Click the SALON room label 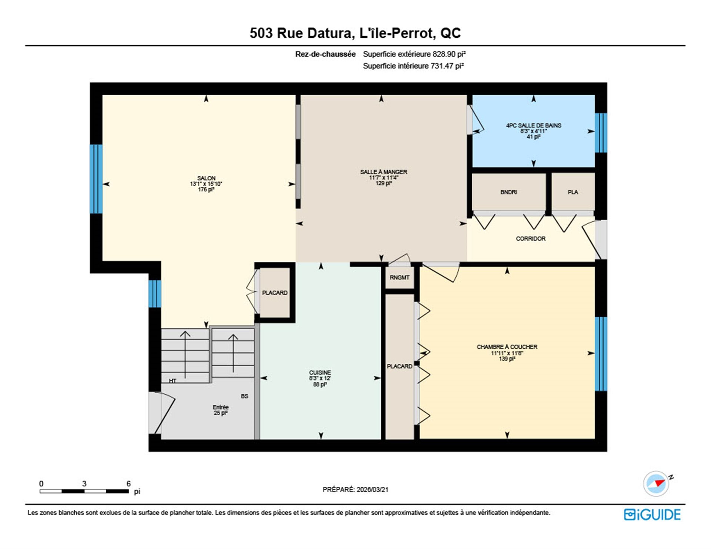pyautogui.click(x=206, y=178)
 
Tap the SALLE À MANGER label pyautogui.click(x=384, y=172)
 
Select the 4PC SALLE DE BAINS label pyautogui.click(x=534, y=125)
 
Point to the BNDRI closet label pyautogui.click(x=509, y=192)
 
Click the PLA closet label pyautogui.click(x=573, y=192)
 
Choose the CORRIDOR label pyautogui.click(x=531, y=239)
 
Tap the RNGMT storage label pyautogui.click(x=400, y=277)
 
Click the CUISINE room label pyautogui.click(x=320, y=372)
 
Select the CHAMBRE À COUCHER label pyautogui.click(x=507, y=347)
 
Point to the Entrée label pyautogui.click(x=221, y=407)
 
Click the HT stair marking pyautogui.click(x=173, y=381)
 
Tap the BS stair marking pyautogui.click(x=244, y=396)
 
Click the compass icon pyautogui.click(x=657, y=483)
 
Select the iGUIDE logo pyautogui.click(x=652, y=515)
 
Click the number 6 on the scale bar pyautogui.click(x=128, y=483)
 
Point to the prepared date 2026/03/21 pyautogui.click(x=373, y=489)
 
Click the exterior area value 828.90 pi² pyautogui.click(x=449, y=54)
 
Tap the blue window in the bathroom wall pyautogui.click(x=601, y=133)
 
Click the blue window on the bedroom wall pyautogui.click(x=601, y=354)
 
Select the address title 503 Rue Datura pyautogui.click(x=301, y=33)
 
